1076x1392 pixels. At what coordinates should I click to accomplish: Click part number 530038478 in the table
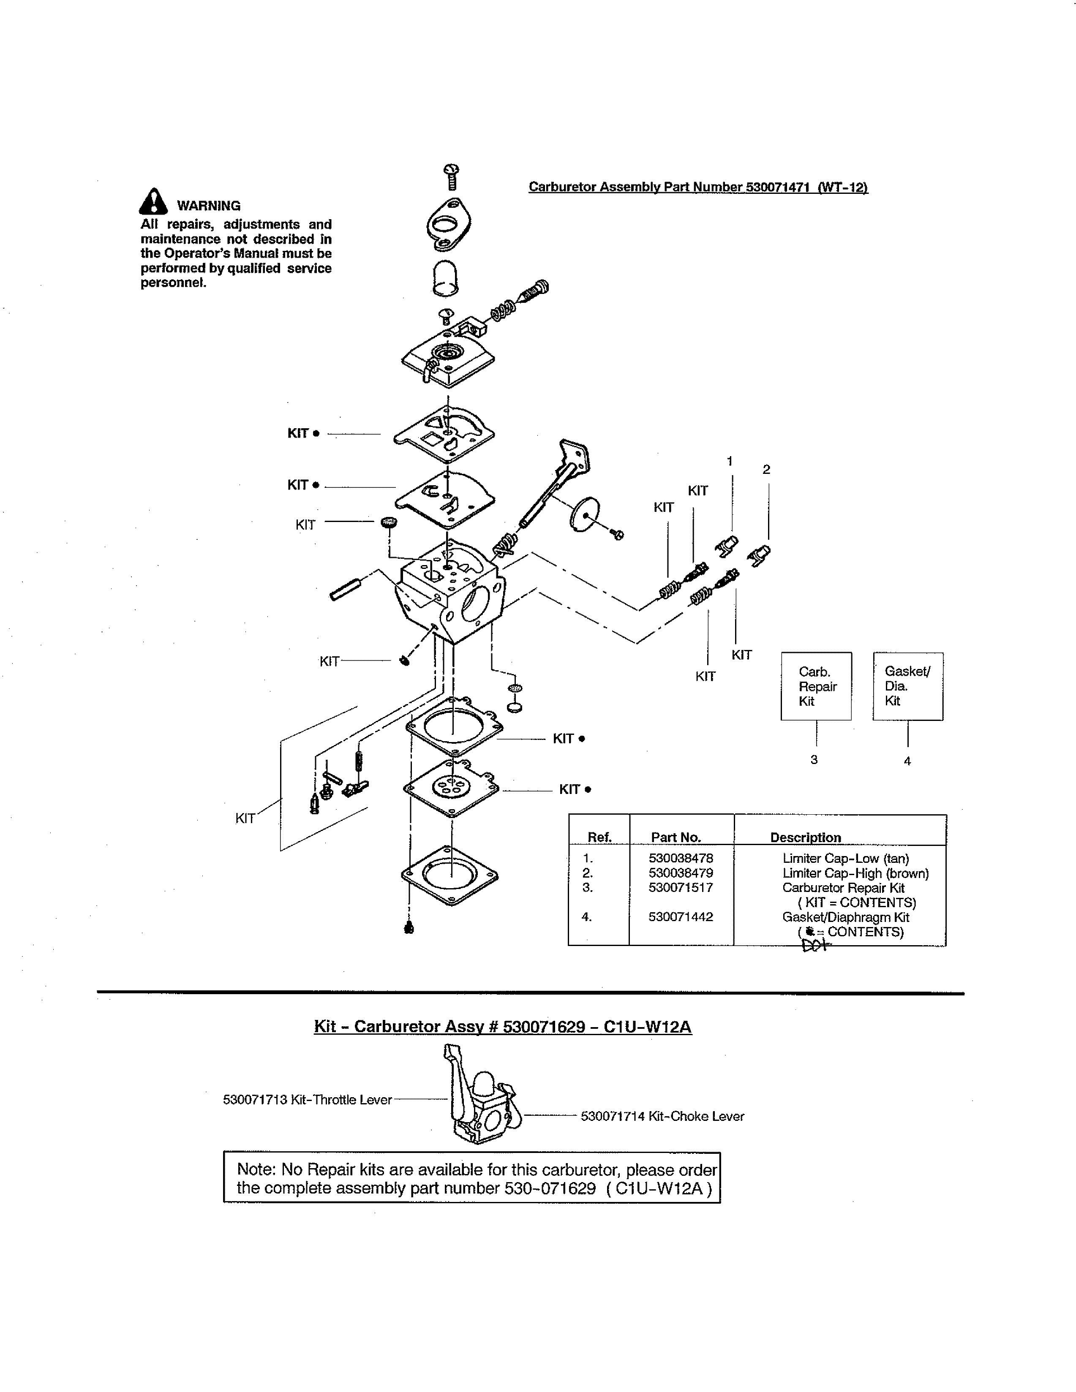[x=681, y=858]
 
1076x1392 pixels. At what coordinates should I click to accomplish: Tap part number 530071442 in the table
[x=681, y=916]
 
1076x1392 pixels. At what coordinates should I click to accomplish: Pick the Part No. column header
[x=676, y=837]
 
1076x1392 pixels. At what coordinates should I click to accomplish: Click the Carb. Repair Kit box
[x=816, y=686]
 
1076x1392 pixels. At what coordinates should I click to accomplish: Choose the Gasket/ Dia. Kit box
[x=908, y=686]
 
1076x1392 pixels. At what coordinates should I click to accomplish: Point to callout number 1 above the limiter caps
[x=730, y=461]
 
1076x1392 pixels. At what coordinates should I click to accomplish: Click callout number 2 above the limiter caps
[x=766, y=469]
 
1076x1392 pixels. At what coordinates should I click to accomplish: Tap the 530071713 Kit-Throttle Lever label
[x=307, y=1099]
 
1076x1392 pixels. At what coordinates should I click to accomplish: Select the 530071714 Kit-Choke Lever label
[x=662, y=1116]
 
